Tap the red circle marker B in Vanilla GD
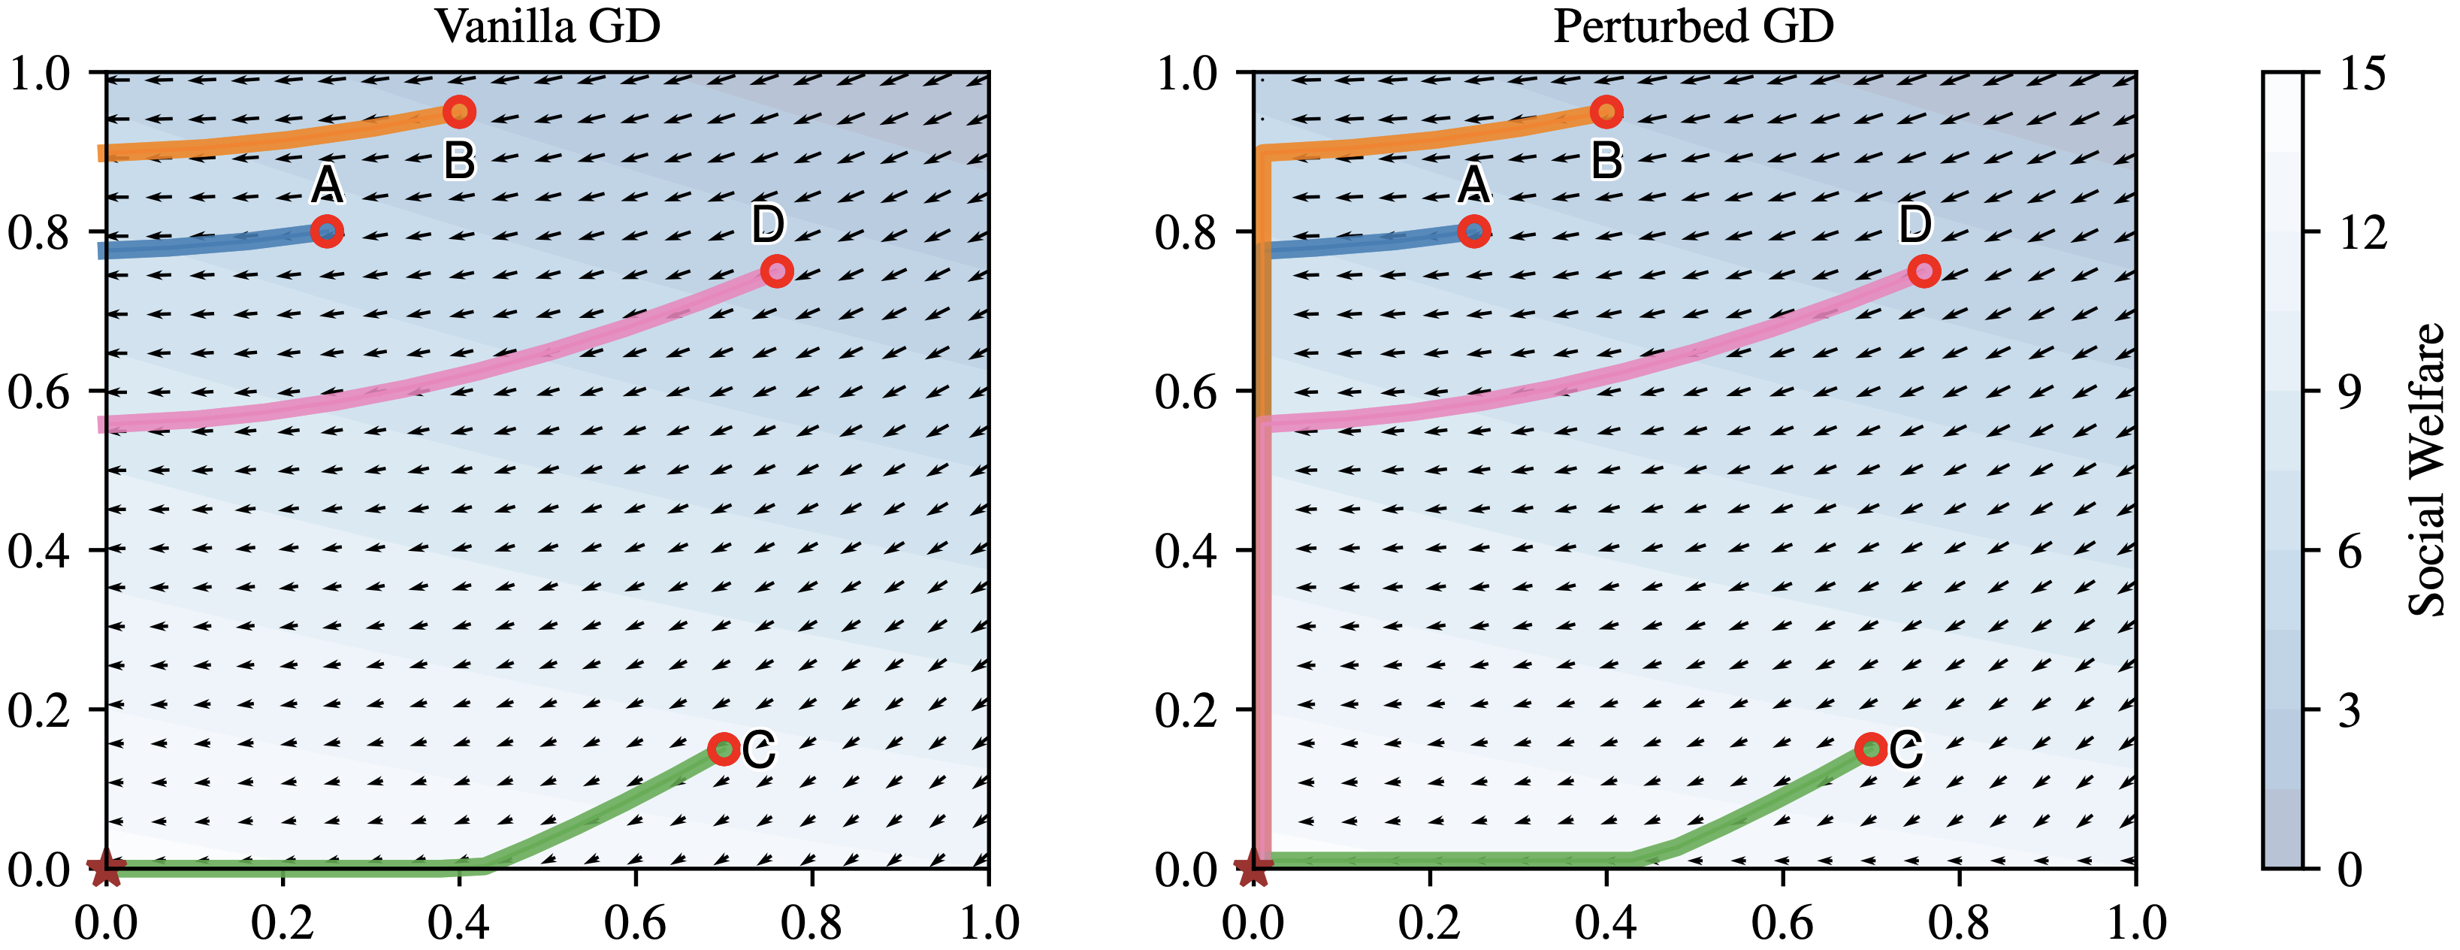click(459, 113)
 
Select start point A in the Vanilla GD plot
click(327, 231)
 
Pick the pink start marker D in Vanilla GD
click(776, 271)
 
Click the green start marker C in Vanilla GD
click(724, 749)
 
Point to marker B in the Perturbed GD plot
click(1606, 113)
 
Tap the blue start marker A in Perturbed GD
click(1474, 231)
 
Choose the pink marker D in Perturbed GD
click(1924, 271)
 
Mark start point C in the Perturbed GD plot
click(1871, 749)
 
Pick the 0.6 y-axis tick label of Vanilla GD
click(39, 392)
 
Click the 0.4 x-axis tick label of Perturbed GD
click(1606, 922)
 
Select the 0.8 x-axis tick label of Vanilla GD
click(811, 922)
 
